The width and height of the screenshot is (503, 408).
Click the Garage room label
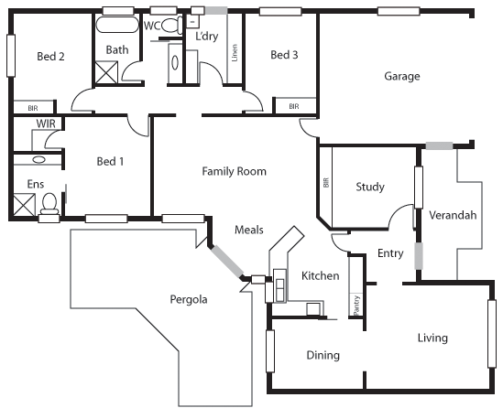coord(401,77)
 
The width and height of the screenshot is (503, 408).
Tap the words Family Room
coord(234,171)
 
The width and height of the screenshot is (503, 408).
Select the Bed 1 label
coord(110,162)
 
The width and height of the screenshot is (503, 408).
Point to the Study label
coord(369,188)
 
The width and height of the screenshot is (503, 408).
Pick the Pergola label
coord(189,299)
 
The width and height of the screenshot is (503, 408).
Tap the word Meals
coord(249,231)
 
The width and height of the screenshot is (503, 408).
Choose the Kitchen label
coord(321,276)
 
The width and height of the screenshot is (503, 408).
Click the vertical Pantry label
coord(355,303)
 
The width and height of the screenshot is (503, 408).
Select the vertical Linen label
coord(235,54)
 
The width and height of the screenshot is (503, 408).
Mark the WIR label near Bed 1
coord(45,123)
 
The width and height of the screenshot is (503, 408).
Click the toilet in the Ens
coord(50,203)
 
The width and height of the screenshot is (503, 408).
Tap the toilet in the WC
coord(169,27)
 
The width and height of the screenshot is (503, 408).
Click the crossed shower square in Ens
coord(23,204)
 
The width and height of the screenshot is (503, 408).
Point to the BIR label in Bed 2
coord(32,107)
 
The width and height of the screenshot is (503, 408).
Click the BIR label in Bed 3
coord(294,107)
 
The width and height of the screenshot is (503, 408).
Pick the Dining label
coord(323,355)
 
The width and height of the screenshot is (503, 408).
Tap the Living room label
coord(432,338)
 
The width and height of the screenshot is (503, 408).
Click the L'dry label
coord(207,37)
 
